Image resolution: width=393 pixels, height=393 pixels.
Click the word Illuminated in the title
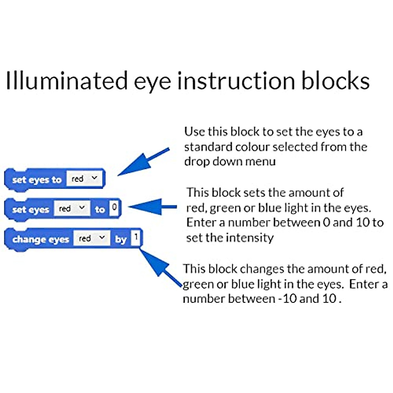67,81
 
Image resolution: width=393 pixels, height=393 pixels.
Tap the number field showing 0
114,207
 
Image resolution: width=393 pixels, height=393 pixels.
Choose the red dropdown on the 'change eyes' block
92,238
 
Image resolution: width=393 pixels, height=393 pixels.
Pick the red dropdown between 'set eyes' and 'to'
72,208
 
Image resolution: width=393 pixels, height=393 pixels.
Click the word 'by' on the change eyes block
121,239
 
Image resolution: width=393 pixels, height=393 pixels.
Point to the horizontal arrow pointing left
152,207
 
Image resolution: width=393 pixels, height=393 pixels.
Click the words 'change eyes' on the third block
41,239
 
